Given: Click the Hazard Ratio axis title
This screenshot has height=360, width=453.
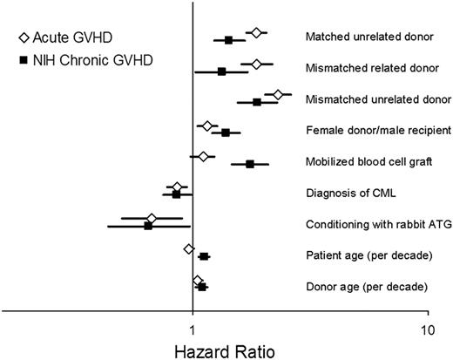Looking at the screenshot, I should coord(218,350).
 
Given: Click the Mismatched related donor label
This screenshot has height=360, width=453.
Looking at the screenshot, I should coord(372,69).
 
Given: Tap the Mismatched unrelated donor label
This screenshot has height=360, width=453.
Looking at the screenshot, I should coord(378,100).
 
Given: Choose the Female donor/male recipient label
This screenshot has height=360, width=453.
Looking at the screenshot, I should coord(378,131).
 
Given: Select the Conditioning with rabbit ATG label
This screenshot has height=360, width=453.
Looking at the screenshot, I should coord(379,225).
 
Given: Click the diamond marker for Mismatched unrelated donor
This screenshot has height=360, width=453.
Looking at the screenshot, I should coord(278,94).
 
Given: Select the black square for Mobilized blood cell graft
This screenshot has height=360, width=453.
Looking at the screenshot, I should coord(250,164).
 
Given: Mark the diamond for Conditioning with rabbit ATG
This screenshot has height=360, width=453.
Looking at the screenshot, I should coord(152,219).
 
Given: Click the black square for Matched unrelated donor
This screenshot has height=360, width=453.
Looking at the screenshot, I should coord(229,40).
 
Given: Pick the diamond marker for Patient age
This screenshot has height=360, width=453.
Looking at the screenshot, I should coord(189,249).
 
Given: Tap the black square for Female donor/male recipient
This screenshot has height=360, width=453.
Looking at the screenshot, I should coord(226,132).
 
